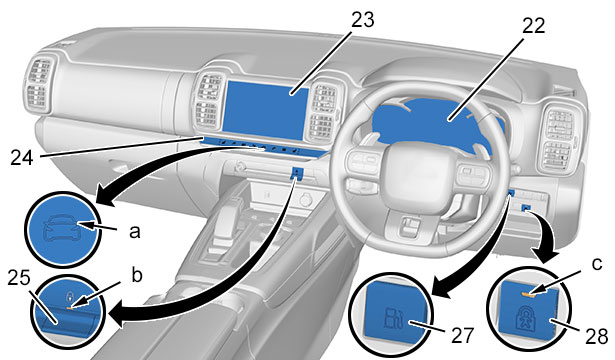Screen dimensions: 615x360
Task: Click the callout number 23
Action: coord(362,20)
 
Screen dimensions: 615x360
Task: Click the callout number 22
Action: coord(533,25)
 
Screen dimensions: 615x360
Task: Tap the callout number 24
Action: coord(22,158)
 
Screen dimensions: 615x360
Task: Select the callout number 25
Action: coord(19,278)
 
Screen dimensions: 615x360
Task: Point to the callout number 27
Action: coord(463,335)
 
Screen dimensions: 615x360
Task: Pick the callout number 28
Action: coord(597,336)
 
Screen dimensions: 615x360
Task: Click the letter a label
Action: coord(135,232)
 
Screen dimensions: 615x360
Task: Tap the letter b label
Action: coord(136,275)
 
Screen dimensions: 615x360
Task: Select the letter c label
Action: coord(597,264)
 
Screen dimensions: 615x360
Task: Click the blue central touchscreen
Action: coord(266,110)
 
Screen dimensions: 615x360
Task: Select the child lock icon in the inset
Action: coord(526,317)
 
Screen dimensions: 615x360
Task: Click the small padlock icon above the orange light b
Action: coord(70,295)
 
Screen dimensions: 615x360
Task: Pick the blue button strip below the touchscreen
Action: coord(264,147)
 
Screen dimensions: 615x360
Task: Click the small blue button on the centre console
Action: coord(297,173)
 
